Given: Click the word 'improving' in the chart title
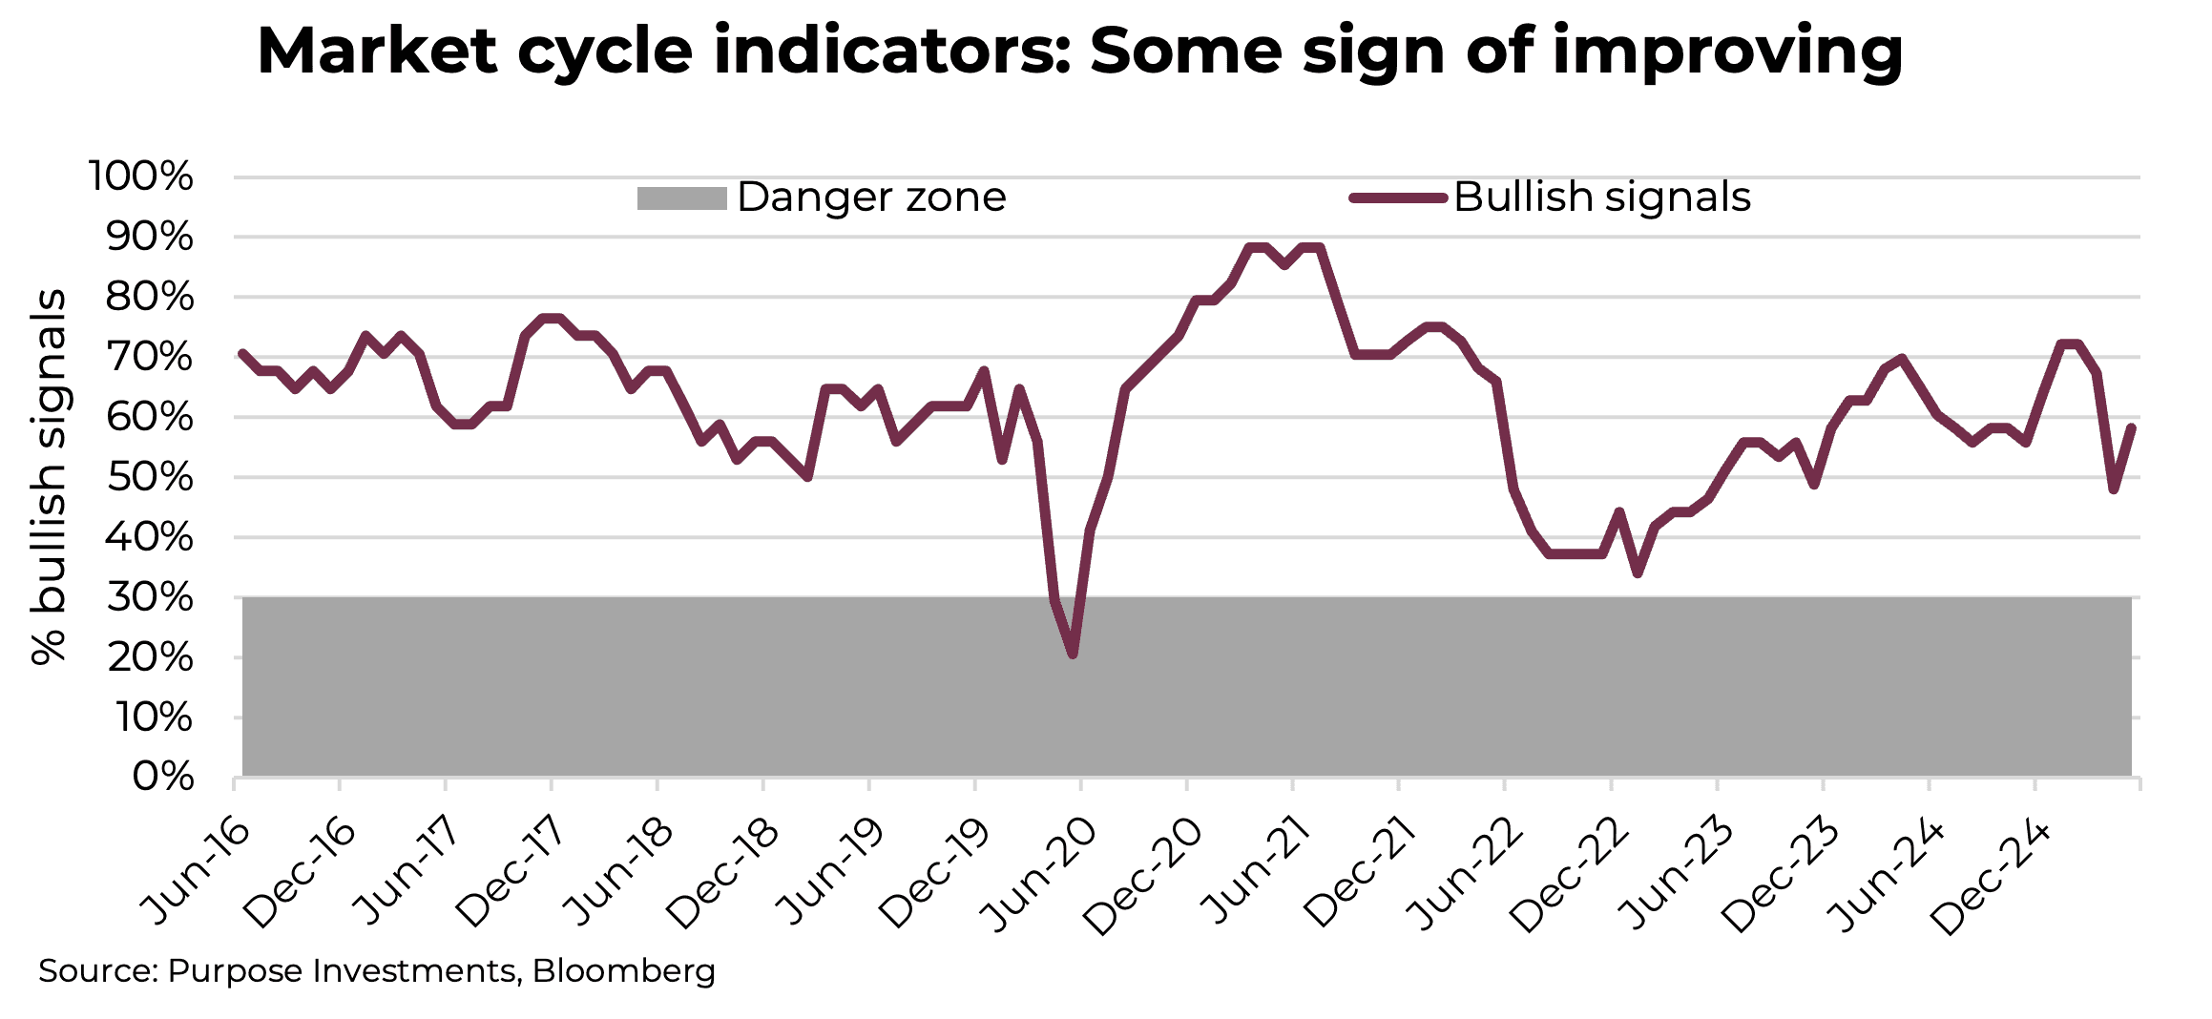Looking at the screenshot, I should pyautogui.click(x=1727, y=52).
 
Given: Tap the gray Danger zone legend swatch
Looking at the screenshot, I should pyautogui.click(x=681, y=198).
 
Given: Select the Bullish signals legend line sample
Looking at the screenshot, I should pyautogui.click(x=1398, y=198).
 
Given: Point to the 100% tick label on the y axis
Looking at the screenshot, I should pyautogui.click(x=141, y=177).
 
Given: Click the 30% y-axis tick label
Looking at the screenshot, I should pyautogui.click(x=150, y=598).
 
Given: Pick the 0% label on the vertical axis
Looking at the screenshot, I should pyautogui.click(x=163, y=778).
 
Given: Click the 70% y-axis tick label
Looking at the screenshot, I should pyautogui.click(x=150, y=358).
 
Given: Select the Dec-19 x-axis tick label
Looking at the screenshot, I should pyautogui.click(x=935, y=875).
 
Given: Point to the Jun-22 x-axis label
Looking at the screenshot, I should pyautogui.click(x=1465, y=875).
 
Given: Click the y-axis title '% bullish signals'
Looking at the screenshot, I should pyautogui.click(x=48, y=477).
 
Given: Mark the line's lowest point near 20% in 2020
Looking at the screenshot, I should pyautogui.click(x=1073, y=655).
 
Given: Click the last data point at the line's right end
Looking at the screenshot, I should pyautogui.click(x=2131, y=427).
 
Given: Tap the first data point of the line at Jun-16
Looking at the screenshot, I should pyautogui.click(x=242, y=353).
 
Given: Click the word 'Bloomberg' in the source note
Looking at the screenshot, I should pyautogui.click(x=623, y=971).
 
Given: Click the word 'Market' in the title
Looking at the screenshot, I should pyautogui.click(x=377, y=52).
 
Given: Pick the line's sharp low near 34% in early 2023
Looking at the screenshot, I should pyautogui.click(x=1638, y=573).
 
